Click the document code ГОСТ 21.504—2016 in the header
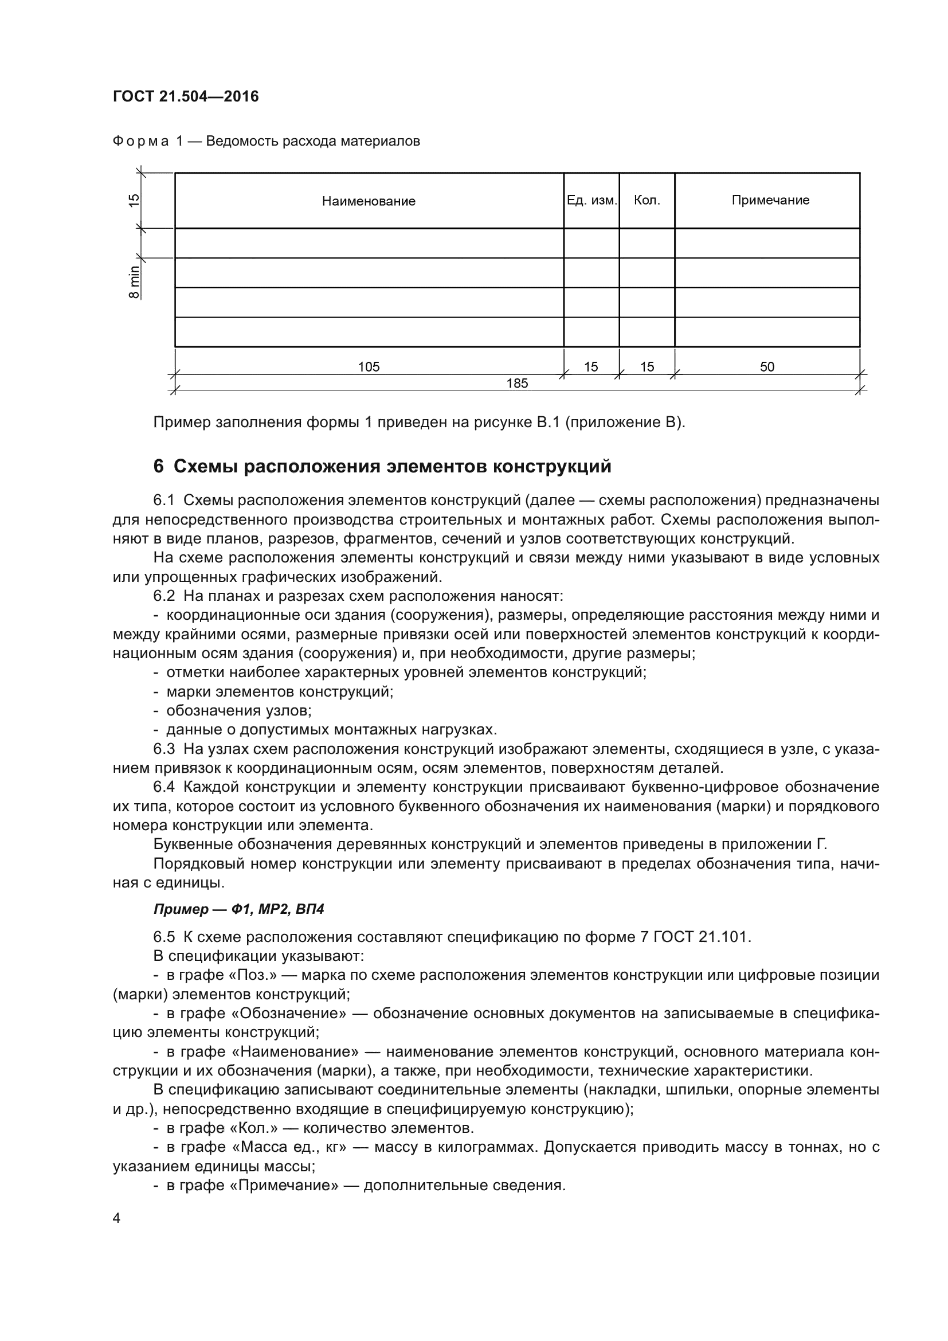pos(186,96)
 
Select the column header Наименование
pos(369,201)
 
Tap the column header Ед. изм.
pos(591,200)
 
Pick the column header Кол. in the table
pos(647,200)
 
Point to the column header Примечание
pos(770,200)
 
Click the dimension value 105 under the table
pos(369,367)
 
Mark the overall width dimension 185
pos(517,383)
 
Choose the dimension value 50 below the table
pos(767,367)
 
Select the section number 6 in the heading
pos(158,467)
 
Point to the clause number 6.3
pos(164,749)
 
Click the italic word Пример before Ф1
pos(181,909)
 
